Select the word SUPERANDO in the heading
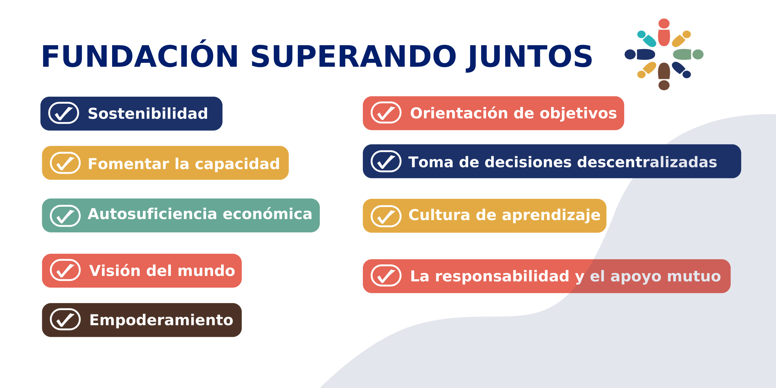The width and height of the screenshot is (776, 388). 353,56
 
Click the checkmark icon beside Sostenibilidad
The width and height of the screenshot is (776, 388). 64,113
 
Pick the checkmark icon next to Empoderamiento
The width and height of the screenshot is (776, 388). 65,319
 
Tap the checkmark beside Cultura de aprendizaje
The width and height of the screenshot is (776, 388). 386,216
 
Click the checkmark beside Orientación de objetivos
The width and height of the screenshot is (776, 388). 386,112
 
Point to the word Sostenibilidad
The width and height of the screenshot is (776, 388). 148,114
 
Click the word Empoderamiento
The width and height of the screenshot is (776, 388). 161,320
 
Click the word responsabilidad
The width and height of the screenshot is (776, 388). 502,276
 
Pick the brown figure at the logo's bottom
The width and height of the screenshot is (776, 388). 664,76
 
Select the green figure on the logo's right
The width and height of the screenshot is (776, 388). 688,54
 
